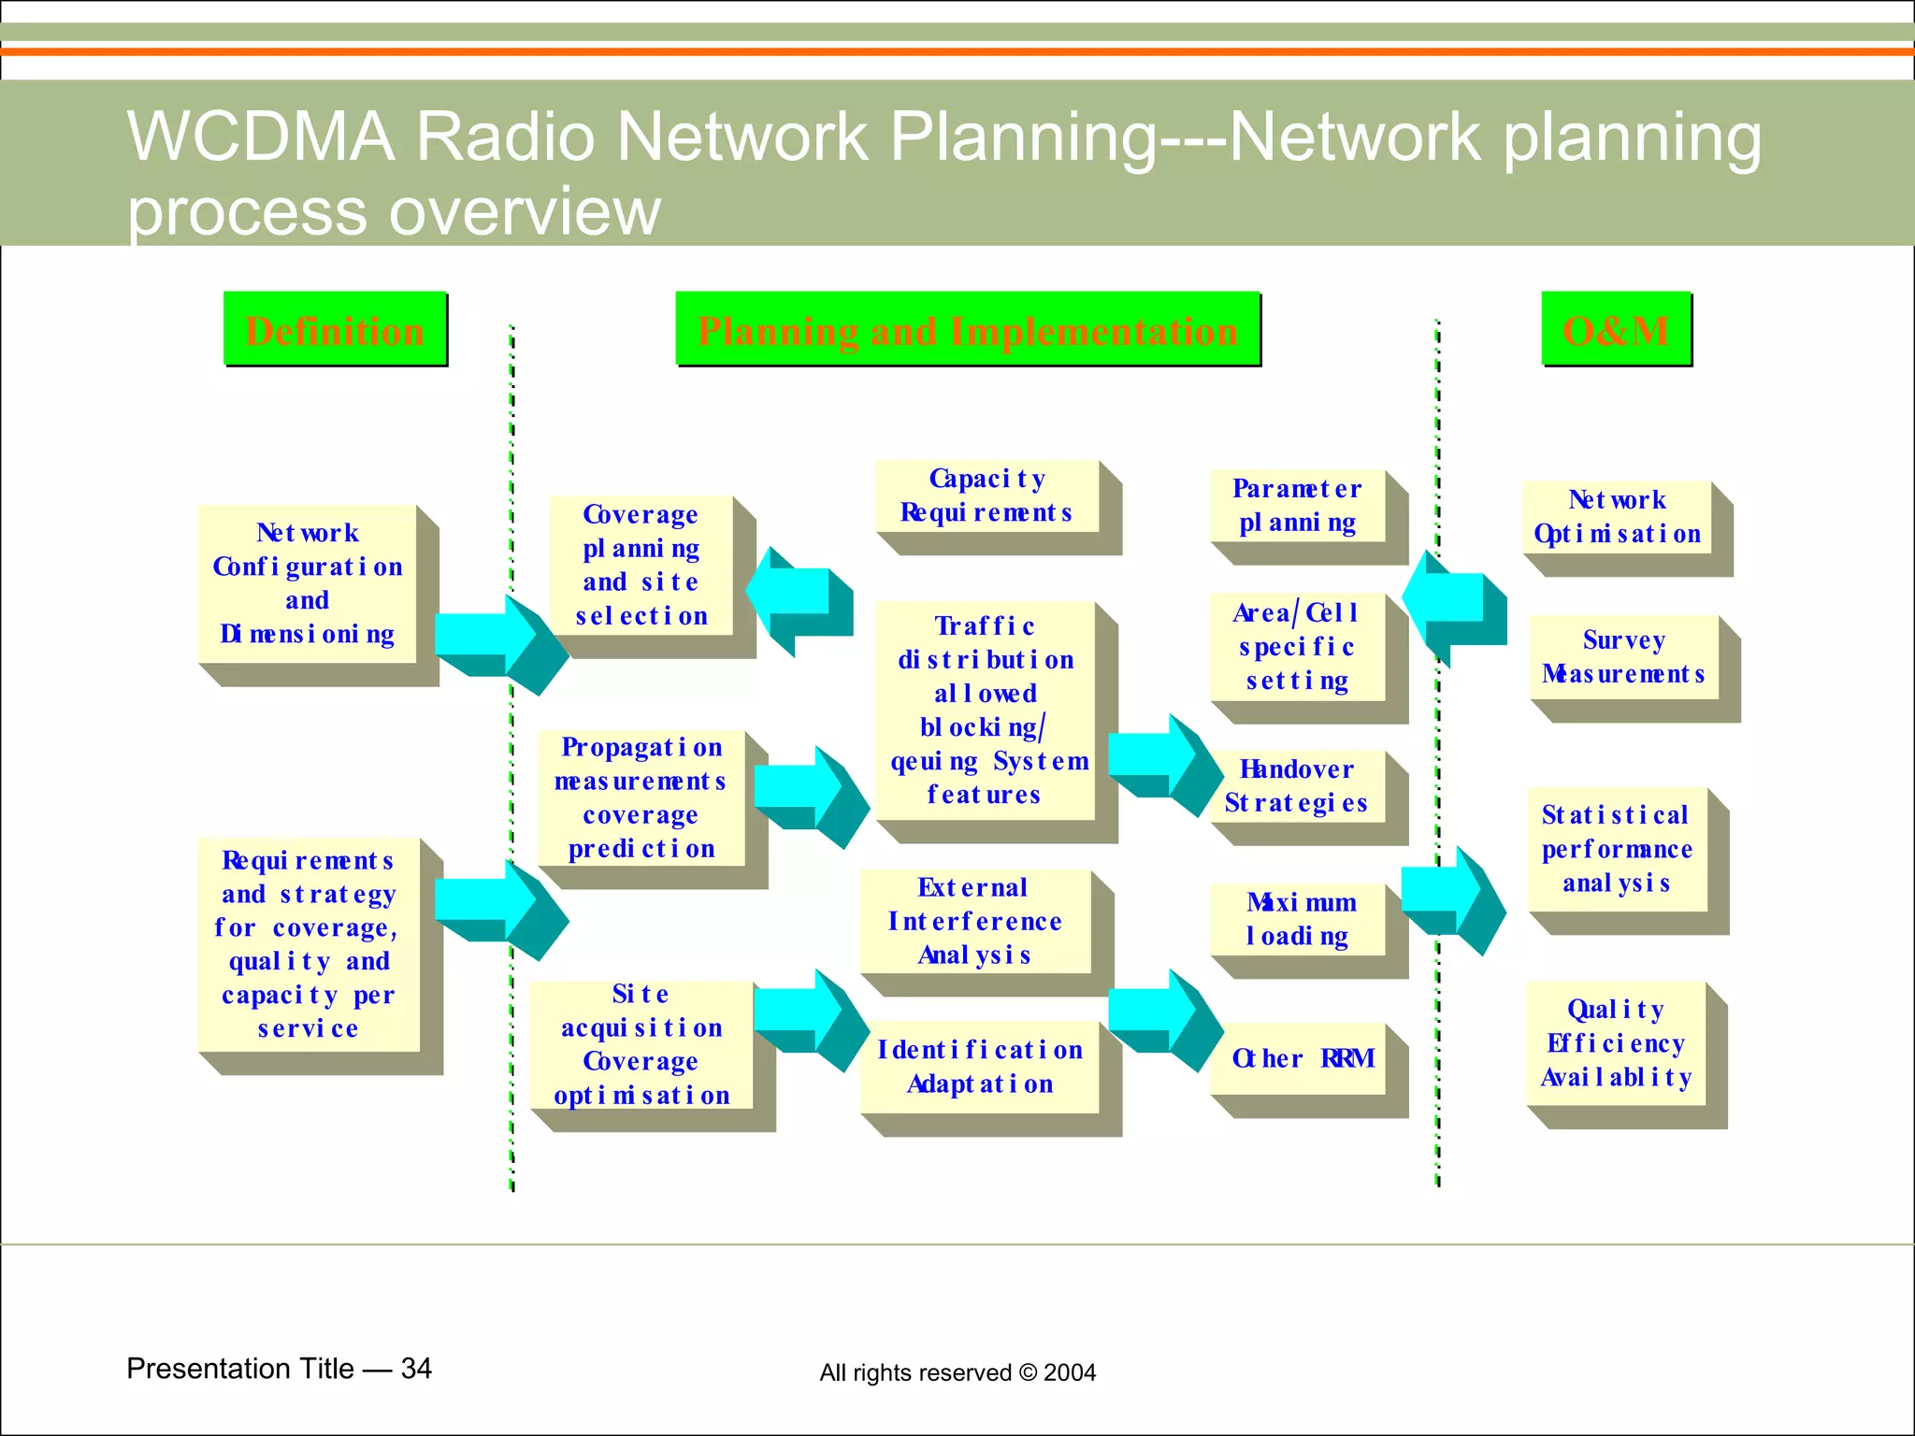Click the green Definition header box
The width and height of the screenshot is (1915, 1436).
tap(335, 329)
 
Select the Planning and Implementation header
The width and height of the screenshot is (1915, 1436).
tap(968, 329)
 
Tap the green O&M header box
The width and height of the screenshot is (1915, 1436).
tap(1616, 329)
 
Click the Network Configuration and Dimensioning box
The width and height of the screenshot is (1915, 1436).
tap(308, 584)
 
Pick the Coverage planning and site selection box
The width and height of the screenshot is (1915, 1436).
tap(641, 566)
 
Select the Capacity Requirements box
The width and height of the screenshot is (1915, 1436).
tap(986, 496)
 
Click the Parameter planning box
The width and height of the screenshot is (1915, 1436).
tap(1297, 506)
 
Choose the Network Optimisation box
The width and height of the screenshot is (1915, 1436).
tap(1617, 517)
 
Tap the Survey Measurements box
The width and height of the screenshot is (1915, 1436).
tap(1623, 656)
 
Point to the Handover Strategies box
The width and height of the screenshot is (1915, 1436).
tap(1297, 786)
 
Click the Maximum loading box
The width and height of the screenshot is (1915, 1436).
tap(1297, 919)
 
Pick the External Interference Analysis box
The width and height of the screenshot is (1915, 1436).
tap(975, 921)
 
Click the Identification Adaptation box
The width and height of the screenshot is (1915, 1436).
tap(979, 1067)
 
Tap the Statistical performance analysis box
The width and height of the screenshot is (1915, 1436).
tap(1617, 849)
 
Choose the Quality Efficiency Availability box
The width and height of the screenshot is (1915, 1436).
tap(1616, 1043)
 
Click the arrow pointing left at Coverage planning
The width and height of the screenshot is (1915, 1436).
tap(797, 598)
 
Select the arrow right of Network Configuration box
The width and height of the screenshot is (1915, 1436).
tap(496, 641)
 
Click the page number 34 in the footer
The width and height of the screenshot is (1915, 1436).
tap(416, 1369)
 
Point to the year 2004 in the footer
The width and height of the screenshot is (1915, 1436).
tap(1070, 1372)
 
